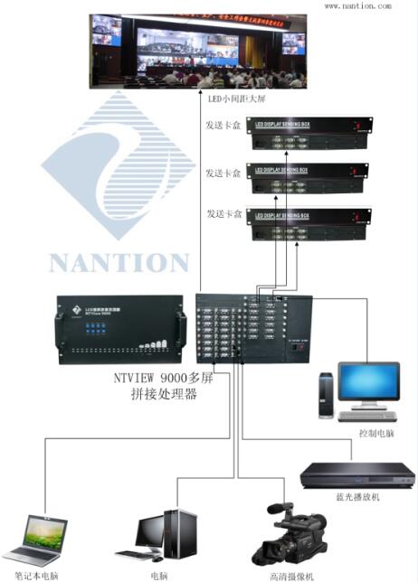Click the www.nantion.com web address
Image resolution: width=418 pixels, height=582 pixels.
pos(357,5)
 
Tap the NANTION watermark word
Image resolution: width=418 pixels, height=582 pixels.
pos(119,263)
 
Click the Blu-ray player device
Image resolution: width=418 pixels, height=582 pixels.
pos(356,474)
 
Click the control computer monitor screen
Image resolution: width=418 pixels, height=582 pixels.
pos(368,384)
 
